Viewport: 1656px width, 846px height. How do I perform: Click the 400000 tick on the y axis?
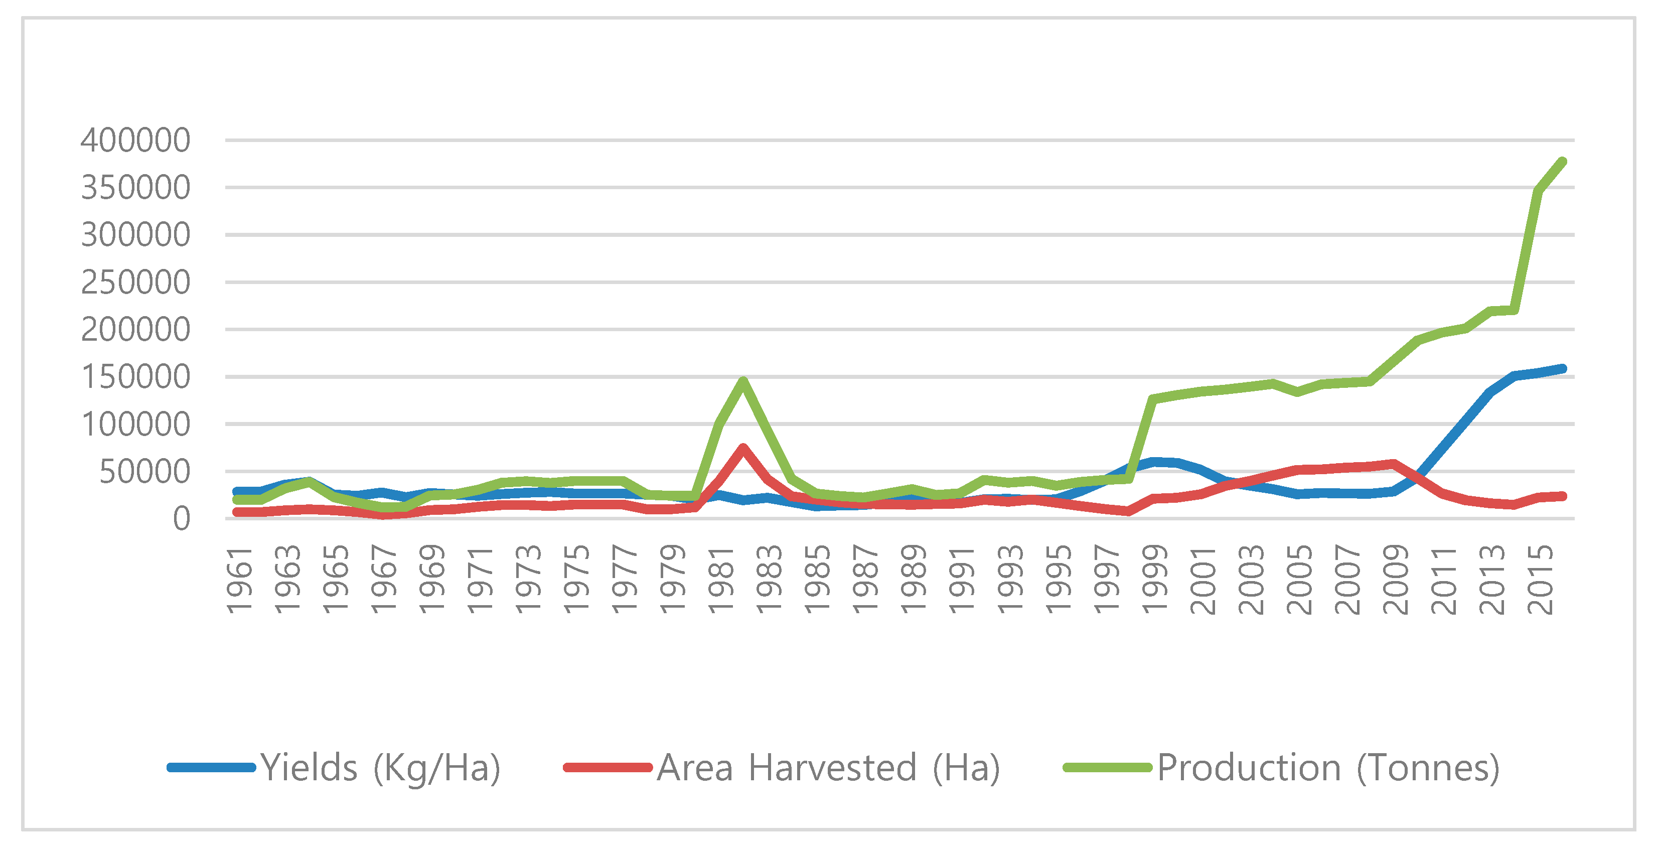pyautogui.click(x=135, y=140)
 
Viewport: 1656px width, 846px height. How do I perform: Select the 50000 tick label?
pyautogui.click(x=144, y=472)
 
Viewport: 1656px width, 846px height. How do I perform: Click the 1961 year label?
pyautogui.click(x=239, y=579)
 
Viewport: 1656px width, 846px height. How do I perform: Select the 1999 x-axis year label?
pyautogui.click(x=1154, y=579)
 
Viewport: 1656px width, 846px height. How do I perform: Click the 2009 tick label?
pyautogui.click(x=1396, y=579)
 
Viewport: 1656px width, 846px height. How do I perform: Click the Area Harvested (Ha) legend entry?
pyautogui.click(x=828, y=768)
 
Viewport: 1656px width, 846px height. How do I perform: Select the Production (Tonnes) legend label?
pyautogui.click(x=1328, y=768)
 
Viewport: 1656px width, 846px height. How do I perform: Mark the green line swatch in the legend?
pyautogui.click(x=1107, y=768)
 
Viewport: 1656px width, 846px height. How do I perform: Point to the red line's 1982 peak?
pyautogui.click(x=743, y=448)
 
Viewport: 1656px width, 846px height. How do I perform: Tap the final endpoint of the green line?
pyautogui.click(x=1562, y=162)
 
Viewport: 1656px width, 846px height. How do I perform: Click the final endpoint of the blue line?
pyautogui.click(x=1562, y=368)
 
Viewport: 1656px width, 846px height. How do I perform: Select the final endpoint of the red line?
pyautogui.click(x=1562, y=496)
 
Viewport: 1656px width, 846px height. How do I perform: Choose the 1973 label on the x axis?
pyautogui.click(x=528, y=579)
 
